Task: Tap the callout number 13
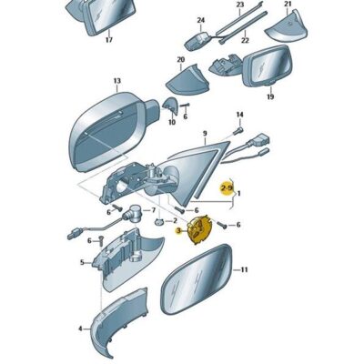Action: pos(117,81)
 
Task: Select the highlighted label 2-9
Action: pos(227,188)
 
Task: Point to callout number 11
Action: pos(244,269)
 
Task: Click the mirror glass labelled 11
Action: pos(197,279)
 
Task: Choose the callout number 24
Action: pos(201,20)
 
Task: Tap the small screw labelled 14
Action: pos(238,132)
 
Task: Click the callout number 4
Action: pos(80,329)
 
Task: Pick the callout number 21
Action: pos(288,4)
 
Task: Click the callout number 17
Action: pos(109,40)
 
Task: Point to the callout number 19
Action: pos(270,96)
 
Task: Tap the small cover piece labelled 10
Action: pos(170,106)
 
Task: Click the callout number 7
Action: pos(154,210)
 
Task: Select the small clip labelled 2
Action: pos(159,222)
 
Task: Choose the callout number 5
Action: pos(82,262)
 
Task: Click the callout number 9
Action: pos(205,133)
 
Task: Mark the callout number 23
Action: pos(240,5)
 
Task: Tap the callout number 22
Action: pos(245,40)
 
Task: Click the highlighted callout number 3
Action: pos(178,231)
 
